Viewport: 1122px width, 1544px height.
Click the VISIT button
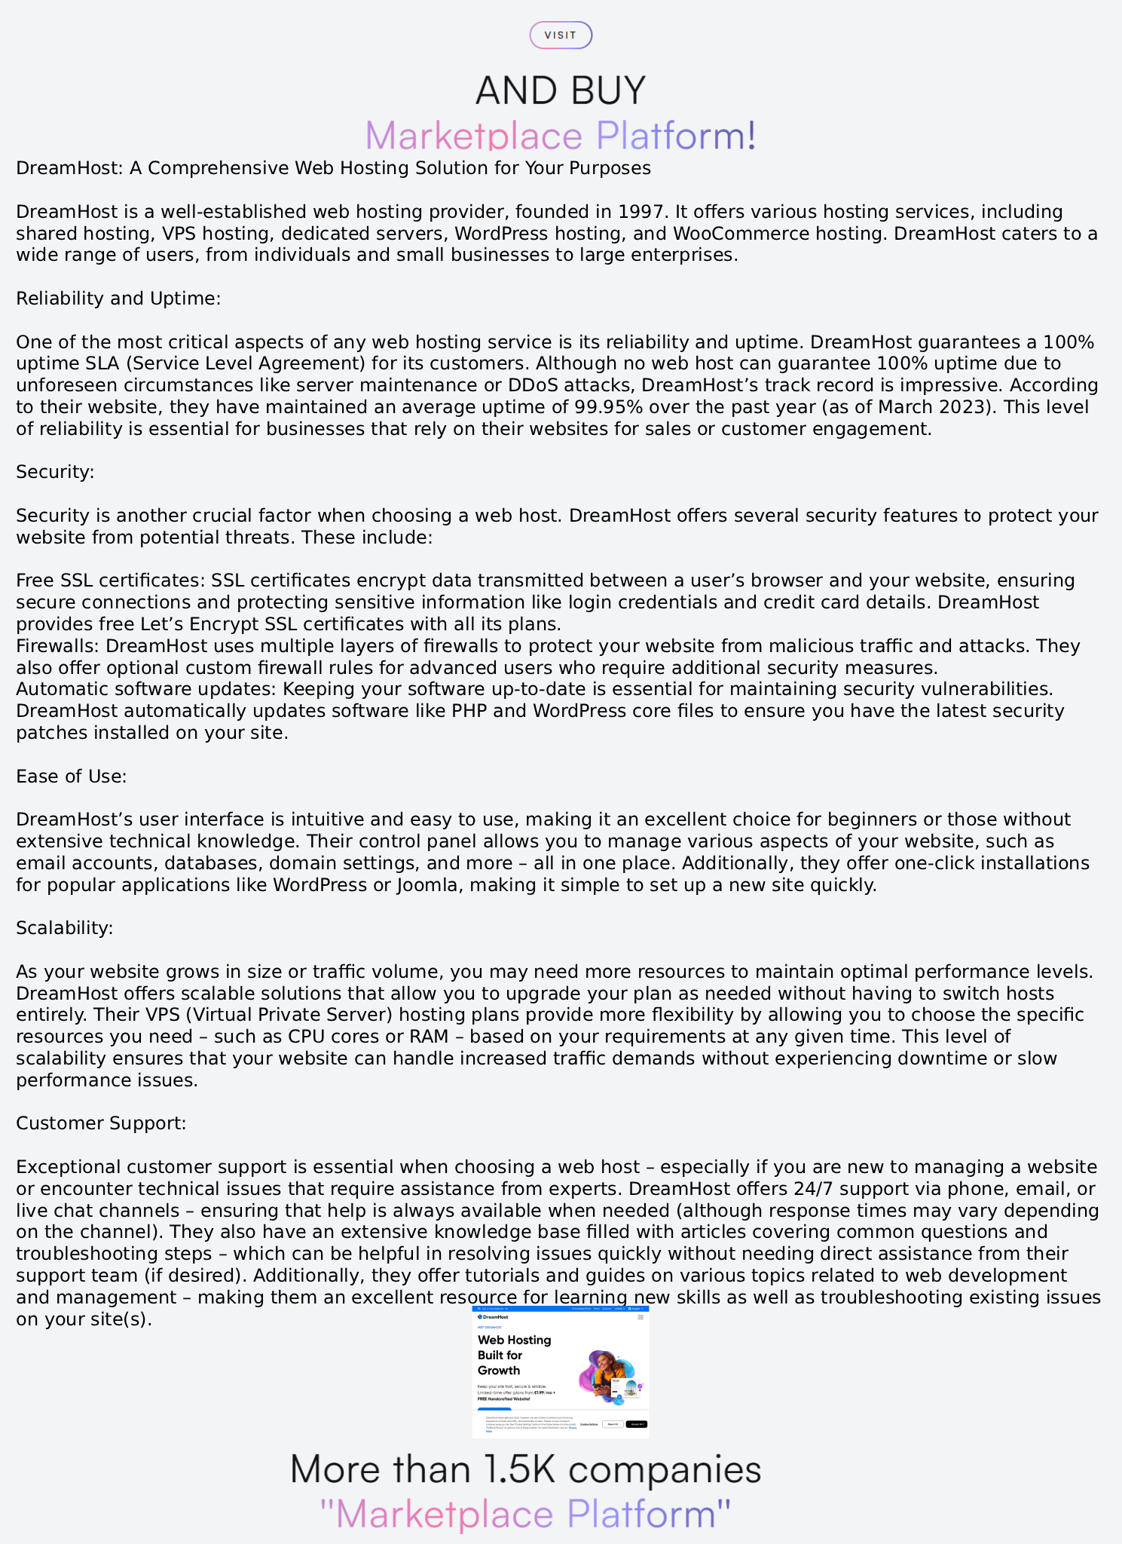point(561,35)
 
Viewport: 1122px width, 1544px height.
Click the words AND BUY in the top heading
point(561,90)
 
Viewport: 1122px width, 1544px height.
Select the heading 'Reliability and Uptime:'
point(118,299)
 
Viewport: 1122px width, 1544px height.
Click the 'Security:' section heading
point(55,472)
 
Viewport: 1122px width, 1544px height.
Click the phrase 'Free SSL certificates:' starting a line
point(111,581)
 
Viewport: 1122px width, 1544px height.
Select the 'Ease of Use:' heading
point(72,777)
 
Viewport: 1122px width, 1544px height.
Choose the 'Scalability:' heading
point(65,928)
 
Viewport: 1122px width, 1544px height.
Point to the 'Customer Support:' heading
point(101,1123)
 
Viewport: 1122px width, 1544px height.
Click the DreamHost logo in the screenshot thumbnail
point(494,1317)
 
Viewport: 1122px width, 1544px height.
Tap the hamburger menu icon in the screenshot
point(640,1317)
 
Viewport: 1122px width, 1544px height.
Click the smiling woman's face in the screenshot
point(606,1362)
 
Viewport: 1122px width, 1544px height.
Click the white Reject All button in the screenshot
point(612,1424)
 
